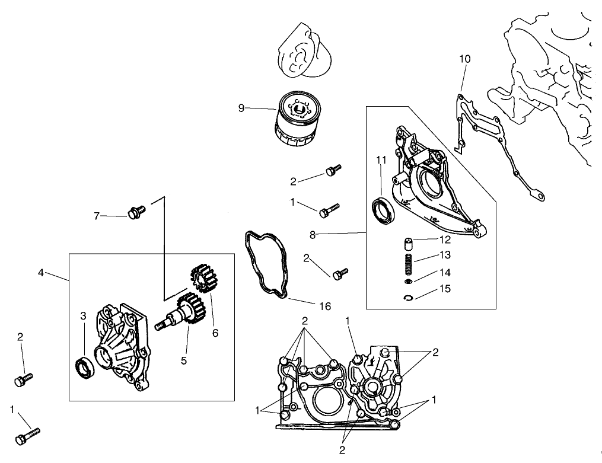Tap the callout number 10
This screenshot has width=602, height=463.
pos(465,59)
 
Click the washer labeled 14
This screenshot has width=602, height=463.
pos(409,281)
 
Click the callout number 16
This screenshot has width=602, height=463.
pos(324,306)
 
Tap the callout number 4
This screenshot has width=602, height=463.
pos(41,273)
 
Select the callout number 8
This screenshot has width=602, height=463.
pos(313,234)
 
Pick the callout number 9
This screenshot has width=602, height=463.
pos(241,107)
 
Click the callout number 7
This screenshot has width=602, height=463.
pos(97,216)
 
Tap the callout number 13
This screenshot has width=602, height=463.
pos(445,255)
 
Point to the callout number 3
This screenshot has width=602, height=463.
pos(84,315)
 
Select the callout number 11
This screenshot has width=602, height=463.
pos(381,159)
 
